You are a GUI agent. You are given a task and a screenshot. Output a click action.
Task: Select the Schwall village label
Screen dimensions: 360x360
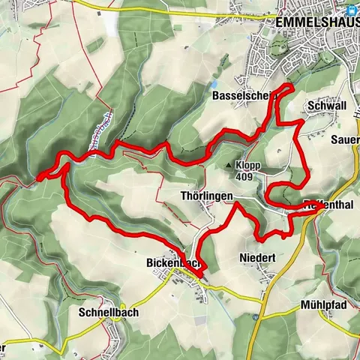(326, 107)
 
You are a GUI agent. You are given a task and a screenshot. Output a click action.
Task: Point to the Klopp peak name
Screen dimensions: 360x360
(247, 166)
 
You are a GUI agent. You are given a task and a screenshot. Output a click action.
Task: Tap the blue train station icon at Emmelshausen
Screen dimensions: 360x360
(349, 10)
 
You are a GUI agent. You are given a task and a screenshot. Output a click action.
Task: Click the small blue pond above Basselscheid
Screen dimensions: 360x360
(216, 83)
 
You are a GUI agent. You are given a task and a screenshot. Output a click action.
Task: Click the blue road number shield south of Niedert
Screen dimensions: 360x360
(255, 316)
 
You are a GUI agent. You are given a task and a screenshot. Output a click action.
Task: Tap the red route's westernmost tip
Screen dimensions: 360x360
(37, 179)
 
